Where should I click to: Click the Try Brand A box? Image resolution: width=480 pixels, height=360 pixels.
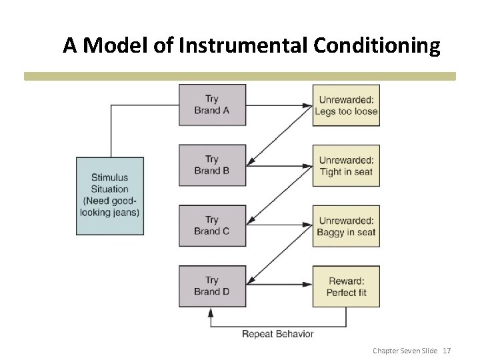click(x=212, y=105)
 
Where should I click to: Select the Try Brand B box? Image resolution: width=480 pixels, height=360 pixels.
click(x=212, y=165)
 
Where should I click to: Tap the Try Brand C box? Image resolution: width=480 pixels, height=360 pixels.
click(x=212, y=225)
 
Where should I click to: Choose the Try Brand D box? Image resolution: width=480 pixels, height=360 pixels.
click(x=212, y=286)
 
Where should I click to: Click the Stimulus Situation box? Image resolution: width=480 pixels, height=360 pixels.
click(x=110, y=195)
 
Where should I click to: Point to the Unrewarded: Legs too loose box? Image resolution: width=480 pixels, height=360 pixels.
click(x=346, y=105)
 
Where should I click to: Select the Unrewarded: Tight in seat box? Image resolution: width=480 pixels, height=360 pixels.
click(x=346, y=165)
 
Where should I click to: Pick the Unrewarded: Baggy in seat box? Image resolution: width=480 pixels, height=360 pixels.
click(x=346, y=225)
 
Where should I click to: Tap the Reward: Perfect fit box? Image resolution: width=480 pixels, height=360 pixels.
click(x=346, y=286)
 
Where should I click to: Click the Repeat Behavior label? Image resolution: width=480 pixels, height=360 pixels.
click(x=277, y=333)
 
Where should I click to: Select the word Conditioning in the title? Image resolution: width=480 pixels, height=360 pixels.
click(x=375, y=45)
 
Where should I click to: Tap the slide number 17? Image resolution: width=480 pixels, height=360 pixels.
click(x=447, y=350)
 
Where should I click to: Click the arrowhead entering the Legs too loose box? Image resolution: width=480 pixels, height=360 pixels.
click(x=310, y=105)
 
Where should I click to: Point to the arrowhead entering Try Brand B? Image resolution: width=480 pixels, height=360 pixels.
click(x=250, y=163)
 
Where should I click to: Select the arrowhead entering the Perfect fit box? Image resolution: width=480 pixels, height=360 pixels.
click(x=310, y=286)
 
